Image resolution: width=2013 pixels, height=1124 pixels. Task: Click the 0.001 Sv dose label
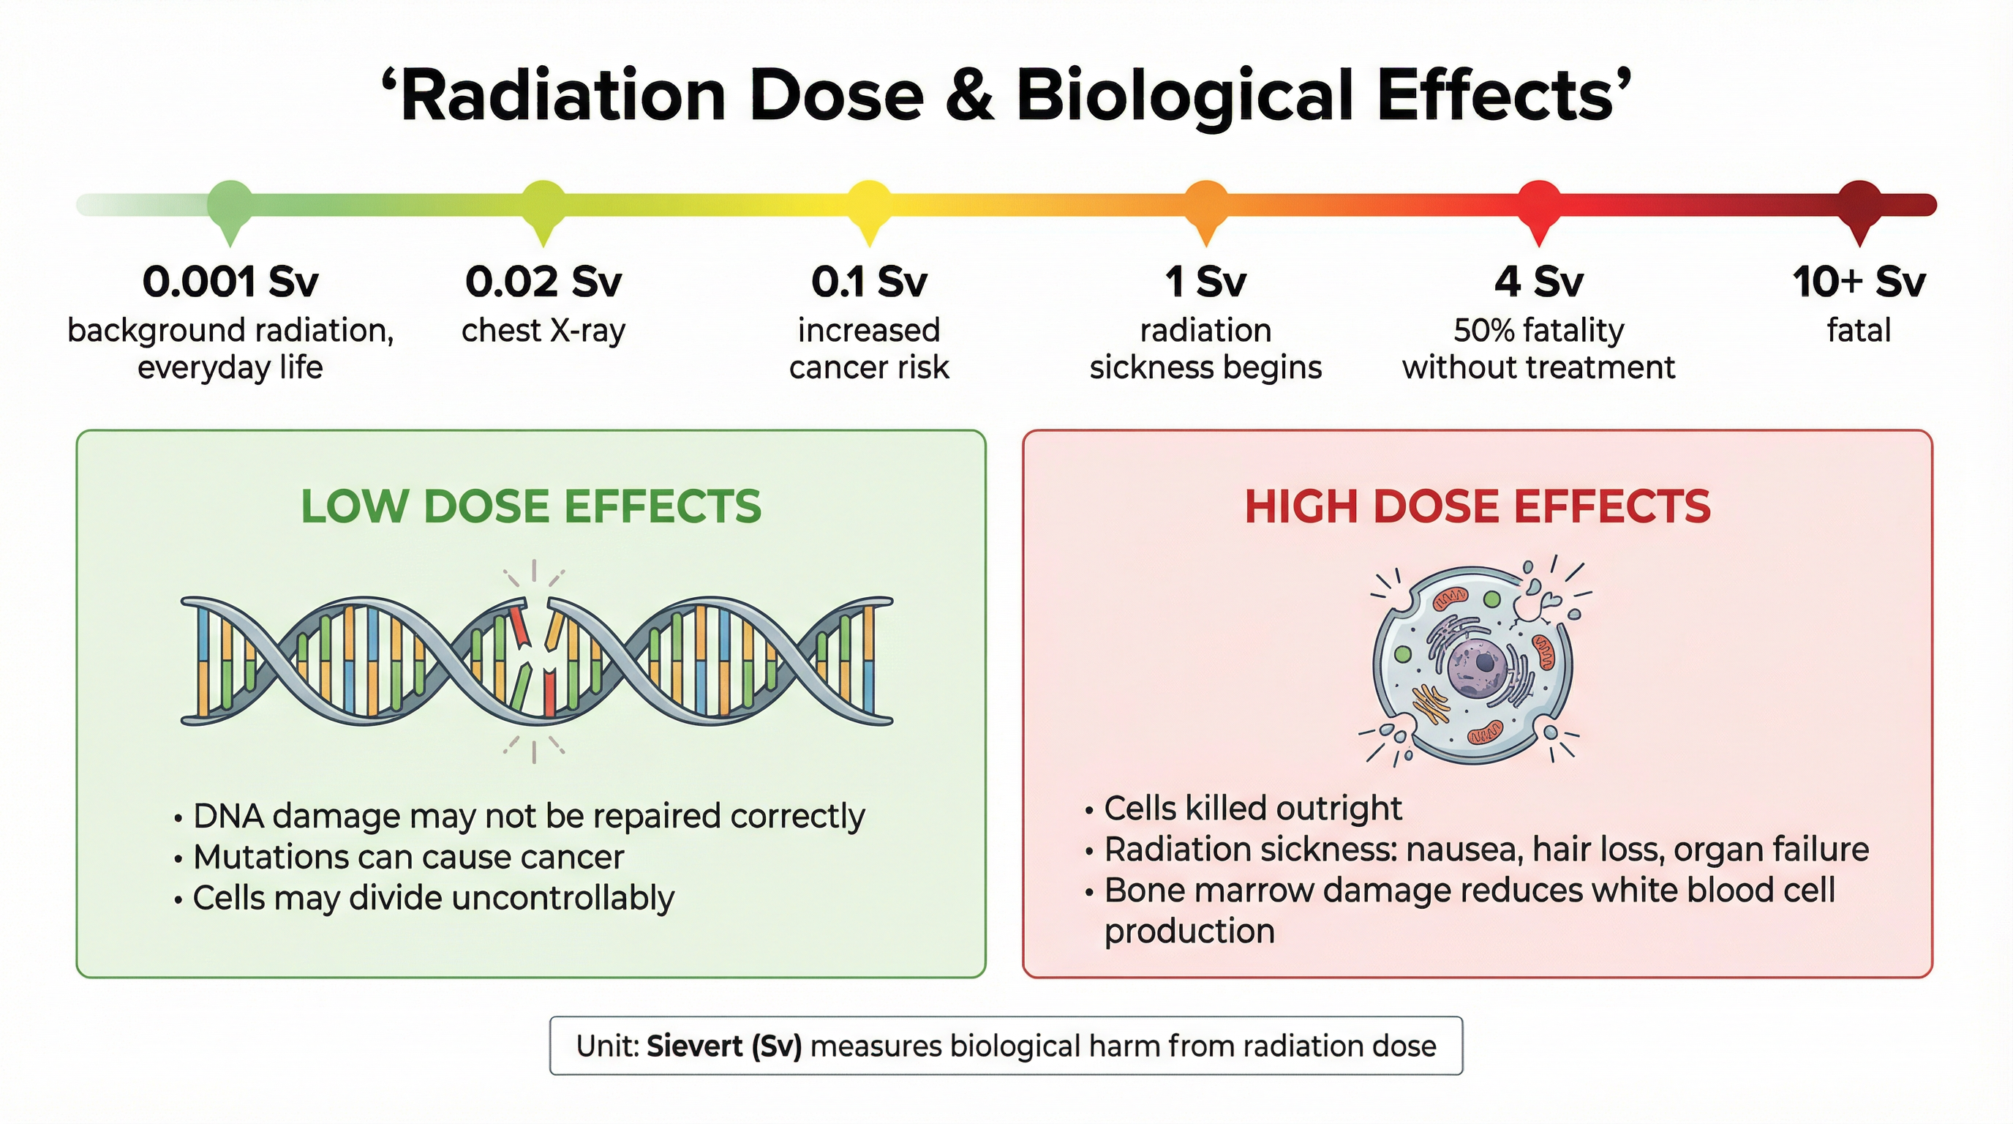(x=230, y=282)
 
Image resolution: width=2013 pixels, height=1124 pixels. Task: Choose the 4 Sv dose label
(x=1539, y=282)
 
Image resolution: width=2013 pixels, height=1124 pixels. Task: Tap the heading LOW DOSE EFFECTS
(x=530, y=506)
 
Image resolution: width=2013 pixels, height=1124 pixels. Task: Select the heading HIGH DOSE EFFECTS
(x=1477, y=506)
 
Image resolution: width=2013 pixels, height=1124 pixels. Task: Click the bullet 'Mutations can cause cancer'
(x=408, y=858)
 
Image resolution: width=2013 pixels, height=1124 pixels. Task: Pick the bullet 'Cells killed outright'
(x=1253, y=808)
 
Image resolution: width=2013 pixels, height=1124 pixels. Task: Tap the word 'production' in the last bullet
(x=1189, y=931)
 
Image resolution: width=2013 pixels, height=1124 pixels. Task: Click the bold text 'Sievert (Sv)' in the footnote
(x=724, y=1046)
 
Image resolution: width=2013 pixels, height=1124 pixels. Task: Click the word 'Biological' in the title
(x=1184, y=96)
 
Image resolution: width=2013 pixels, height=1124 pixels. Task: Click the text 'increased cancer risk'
(x=869, y=348)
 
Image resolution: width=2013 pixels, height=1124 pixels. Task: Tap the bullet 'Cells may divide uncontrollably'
(x=433, y=898)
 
